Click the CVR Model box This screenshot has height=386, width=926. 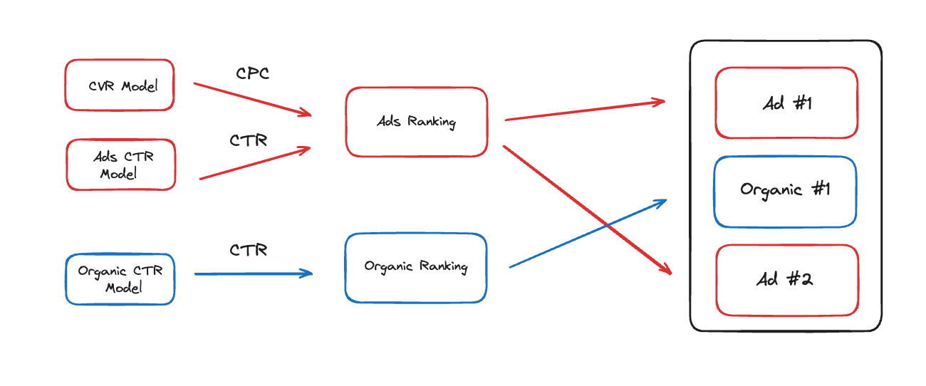119,85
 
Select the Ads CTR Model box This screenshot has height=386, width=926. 120,165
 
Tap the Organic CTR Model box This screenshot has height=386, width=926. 120,279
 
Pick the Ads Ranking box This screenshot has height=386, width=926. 416,122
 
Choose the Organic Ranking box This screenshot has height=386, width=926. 415,267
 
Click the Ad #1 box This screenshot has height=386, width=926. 786,103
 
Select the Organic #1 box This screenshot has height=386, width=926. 784,191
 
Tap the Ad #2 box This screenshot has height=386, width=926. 786,279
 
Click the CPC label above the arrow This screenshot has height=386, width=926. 252,73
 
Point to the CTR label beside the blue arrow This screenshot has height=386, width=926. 248,251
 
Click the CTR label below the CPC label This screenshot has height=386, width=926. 248,141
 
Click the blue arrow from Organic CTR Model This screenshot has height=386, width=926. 253,273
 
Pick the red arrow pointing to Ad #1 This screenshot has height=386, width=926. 584,110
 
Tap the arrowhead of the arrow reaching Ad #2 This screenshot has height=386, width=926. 667,269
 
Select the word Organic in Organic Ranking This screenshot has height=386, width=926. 390,266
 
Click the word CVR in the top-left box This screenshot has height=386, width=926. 102,86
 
